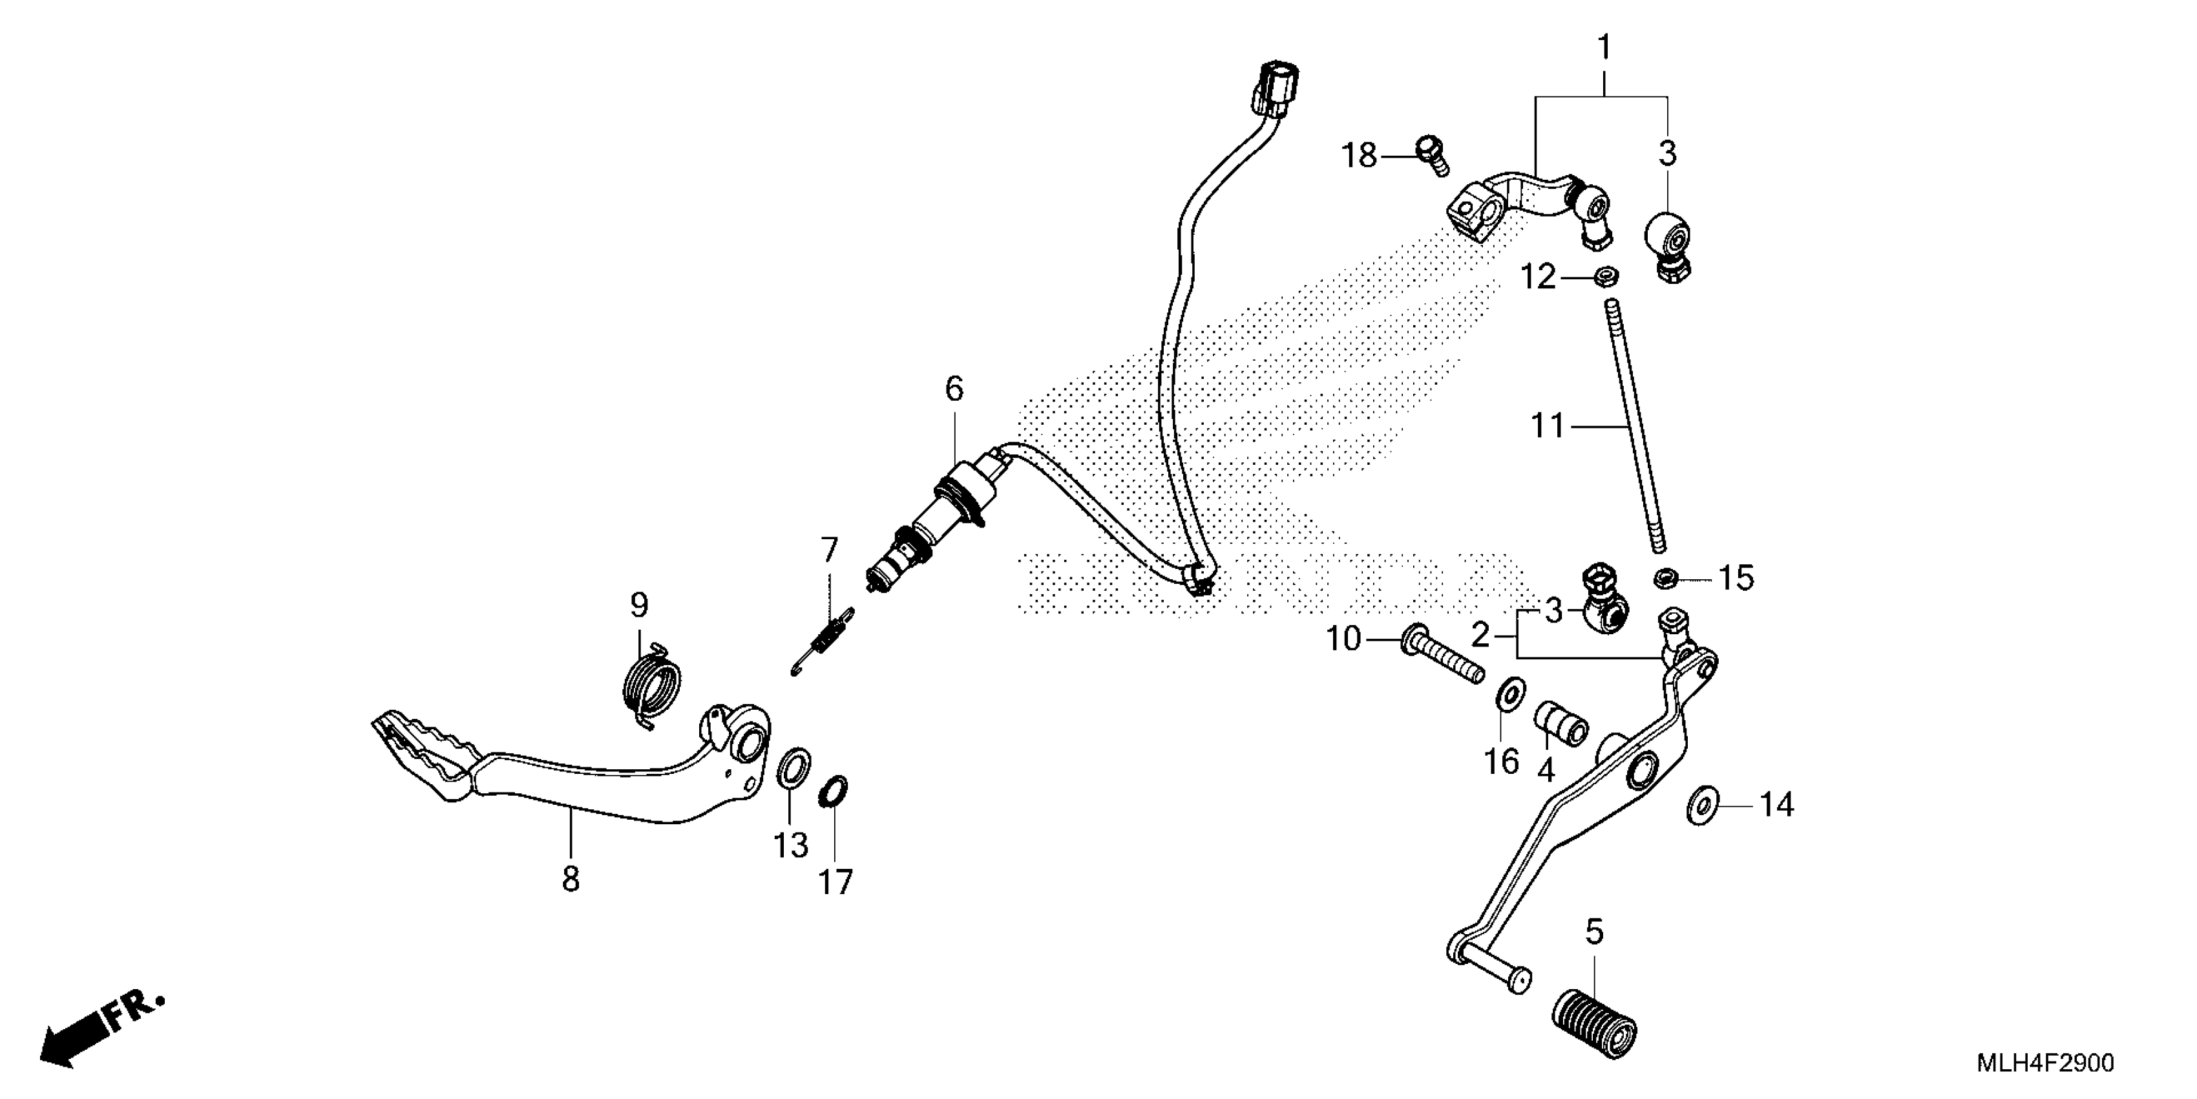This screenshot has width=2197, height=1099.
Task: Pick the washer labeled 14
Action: [1702, 805]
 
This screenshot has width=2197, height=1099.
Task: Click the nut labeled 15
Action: [1664, 579]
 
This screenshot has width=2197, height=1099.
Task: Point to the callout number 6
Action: [954, 389]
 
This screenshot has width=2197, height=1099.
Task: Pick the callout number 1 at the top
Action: [1603, 48]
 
